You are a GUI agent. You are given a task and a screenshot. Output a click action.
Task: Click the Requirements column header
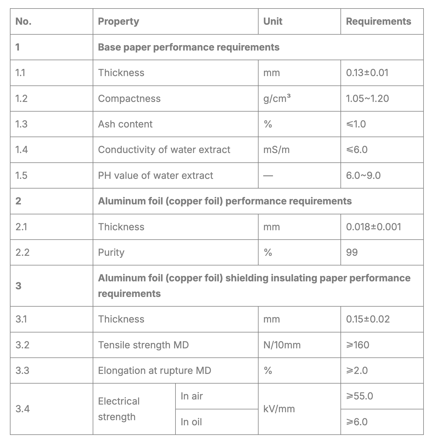click(x=378, y=22)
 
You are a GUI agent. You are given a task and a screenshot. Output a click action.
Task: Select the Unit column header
click(x=272, y=22)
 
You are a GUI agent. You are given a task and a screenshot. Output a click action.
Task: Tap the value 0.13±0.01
click(x=367, y=73)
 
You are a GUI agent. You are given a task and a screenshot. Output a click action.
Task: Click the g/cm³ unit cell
click(x=277, y=99)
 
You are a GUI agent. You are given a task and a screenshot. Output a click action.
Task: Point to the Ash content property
click(x=125, y=124)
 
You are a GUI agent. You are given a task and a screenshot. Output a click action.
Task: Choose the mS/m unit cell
click(x=276, y=150)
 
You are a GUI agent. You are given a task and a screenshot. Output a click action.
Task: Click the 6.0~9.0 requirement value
click(x=363, y=175)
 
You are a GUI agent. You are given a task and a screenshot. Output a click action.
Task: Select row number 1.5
click(x=21, y=175)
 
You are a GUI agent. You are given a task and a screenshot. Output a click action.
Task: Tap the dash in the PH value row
click(x=268, y=176)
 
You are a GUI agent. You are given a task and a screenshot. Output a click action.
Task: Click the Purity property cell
click(x=111, y=252)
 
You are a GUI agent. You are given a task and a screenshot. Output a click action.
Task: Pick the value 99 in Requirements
click(x=352, y=252)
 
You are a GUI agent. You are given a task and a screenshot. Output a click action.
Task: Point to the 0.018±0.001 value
click(x=373, y=227)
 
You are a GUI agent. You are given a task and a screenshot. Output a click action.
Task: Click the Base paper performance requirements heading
click(x=189, y=47)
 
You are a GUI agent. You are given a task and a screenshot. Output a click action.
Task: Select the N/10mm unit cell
click(x=282, y=345)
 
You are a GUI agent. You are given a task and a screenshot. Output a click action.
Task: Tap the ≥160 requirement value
click(x=357, y=345)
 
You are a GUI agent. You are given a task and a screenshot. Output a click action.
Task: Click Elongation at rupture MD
click(x=154, y=370)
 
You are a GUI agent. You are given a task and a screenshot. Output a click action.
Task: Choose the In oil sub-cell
click(x=191, y=422)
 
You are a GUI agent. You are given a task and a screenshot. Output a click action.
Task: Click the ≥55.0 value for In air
click(x=359, y=396)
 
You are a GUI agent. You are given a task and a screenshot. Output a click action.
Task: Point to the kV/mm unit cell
click(x=279, y=409)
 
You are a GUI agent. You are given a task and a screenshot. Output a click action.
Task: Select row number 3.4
click(x=22, y=409)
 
